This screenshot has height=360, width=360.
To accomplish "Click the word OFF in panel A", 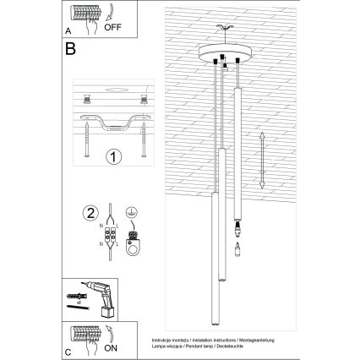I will pyautogui.click(x=112, y=25).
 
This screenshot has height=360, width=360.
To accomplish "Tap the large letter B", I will pyautogui.click(x=70, y=48).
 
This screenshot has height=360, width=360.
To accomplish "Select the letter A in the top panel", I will pyautogui.click(x=68, y=30).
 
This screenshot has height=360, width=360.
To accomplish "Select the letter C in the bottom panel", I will pyautogui.click(x=68, y=349).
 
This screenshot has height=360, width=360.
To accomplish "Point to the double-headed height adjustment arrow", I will pyautogui.click(x=262, y=159).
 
